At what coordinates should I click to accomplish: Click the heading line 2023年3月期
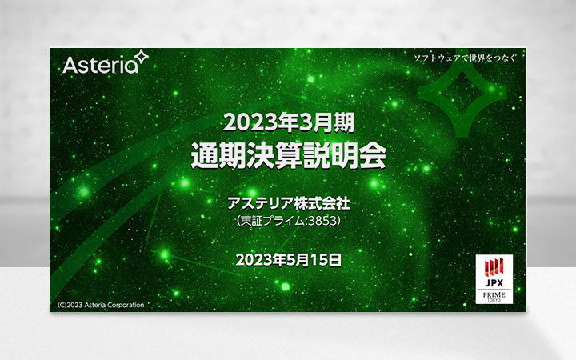coord(288,122)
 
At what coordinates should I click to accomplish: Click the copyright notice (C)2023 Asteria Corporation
coord(100,305)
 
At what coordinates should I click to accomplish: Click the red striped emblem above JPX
coord(494,267)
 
